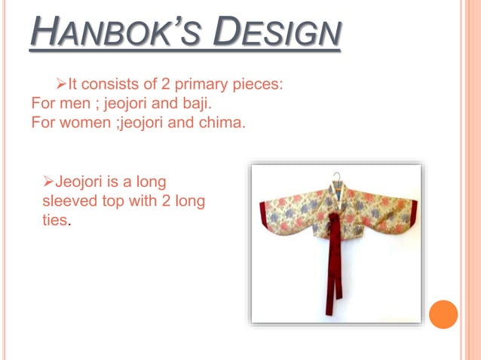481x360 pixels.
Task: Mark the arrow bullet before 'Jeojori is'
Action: [x=47, y=182]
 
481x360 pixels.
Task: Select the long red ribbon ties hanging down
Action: [x=332, y=271]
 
